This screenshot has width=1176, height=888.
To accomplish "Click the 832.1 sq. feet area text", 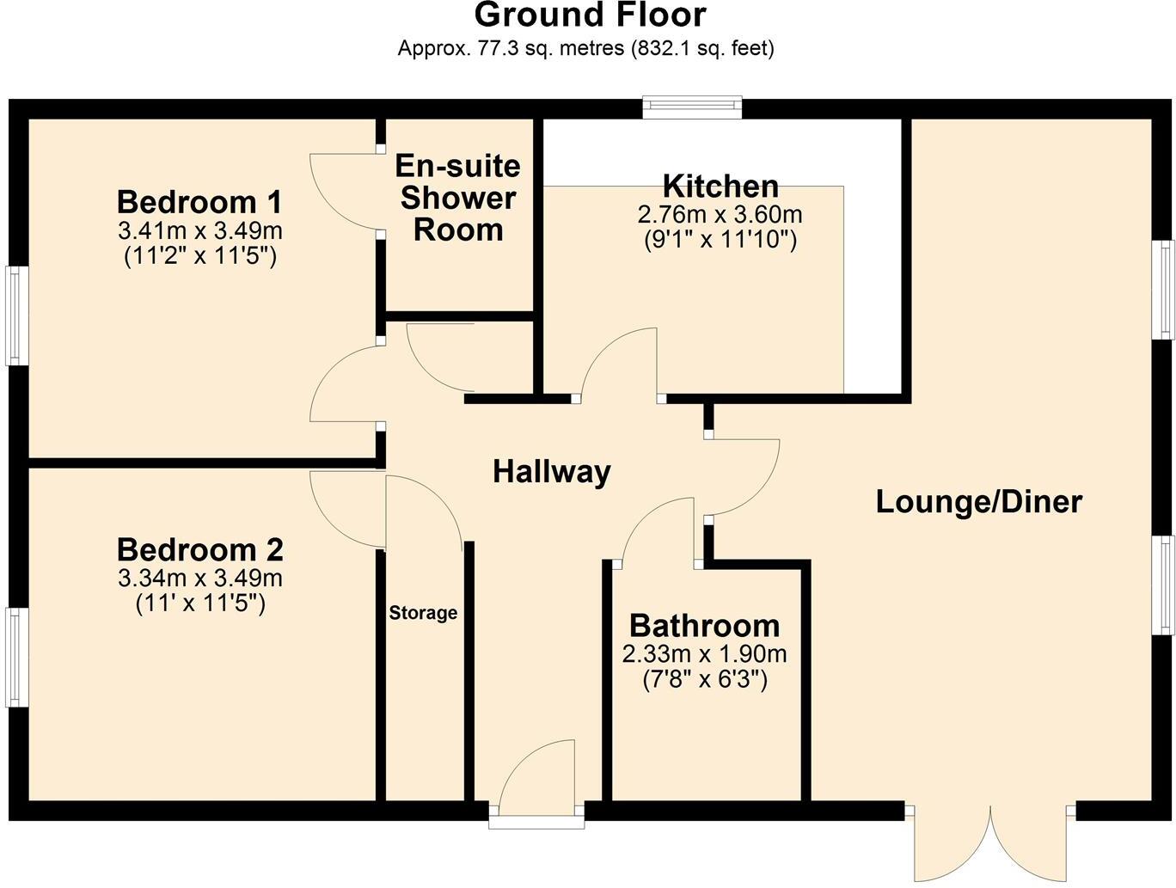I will point(702,49).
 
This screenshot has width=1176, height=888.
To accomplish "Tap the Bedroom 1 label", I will point(199,203).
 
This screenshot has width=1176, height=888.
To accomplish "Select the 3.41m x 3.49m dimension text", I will point(200,231).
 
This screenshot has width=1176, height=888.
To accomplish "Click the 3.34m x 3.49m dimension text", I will point(200,579).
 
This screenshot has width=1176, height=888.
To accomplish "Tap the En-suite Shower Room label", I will point(457,198).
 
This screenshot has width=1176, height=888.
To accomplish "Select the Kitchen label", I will point(720,186).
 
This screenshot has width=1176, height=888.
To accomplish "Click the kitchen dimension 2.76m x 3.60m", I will point(720,214).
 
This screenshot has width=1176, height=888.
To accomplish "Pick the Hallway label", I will point(551,471).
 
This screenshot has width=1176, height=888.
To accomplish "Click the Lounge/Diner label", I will point(978,502).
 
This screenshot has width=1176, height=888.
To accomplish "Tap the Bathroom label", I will point(704,625).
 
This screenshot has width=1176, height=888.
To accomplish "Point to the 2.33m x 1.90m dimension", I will point(704,654).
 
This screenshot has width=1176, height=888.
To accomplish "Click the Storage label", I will point(423,613).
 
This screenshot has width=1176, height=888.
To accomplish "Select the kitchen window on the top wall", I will point(693,106).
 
